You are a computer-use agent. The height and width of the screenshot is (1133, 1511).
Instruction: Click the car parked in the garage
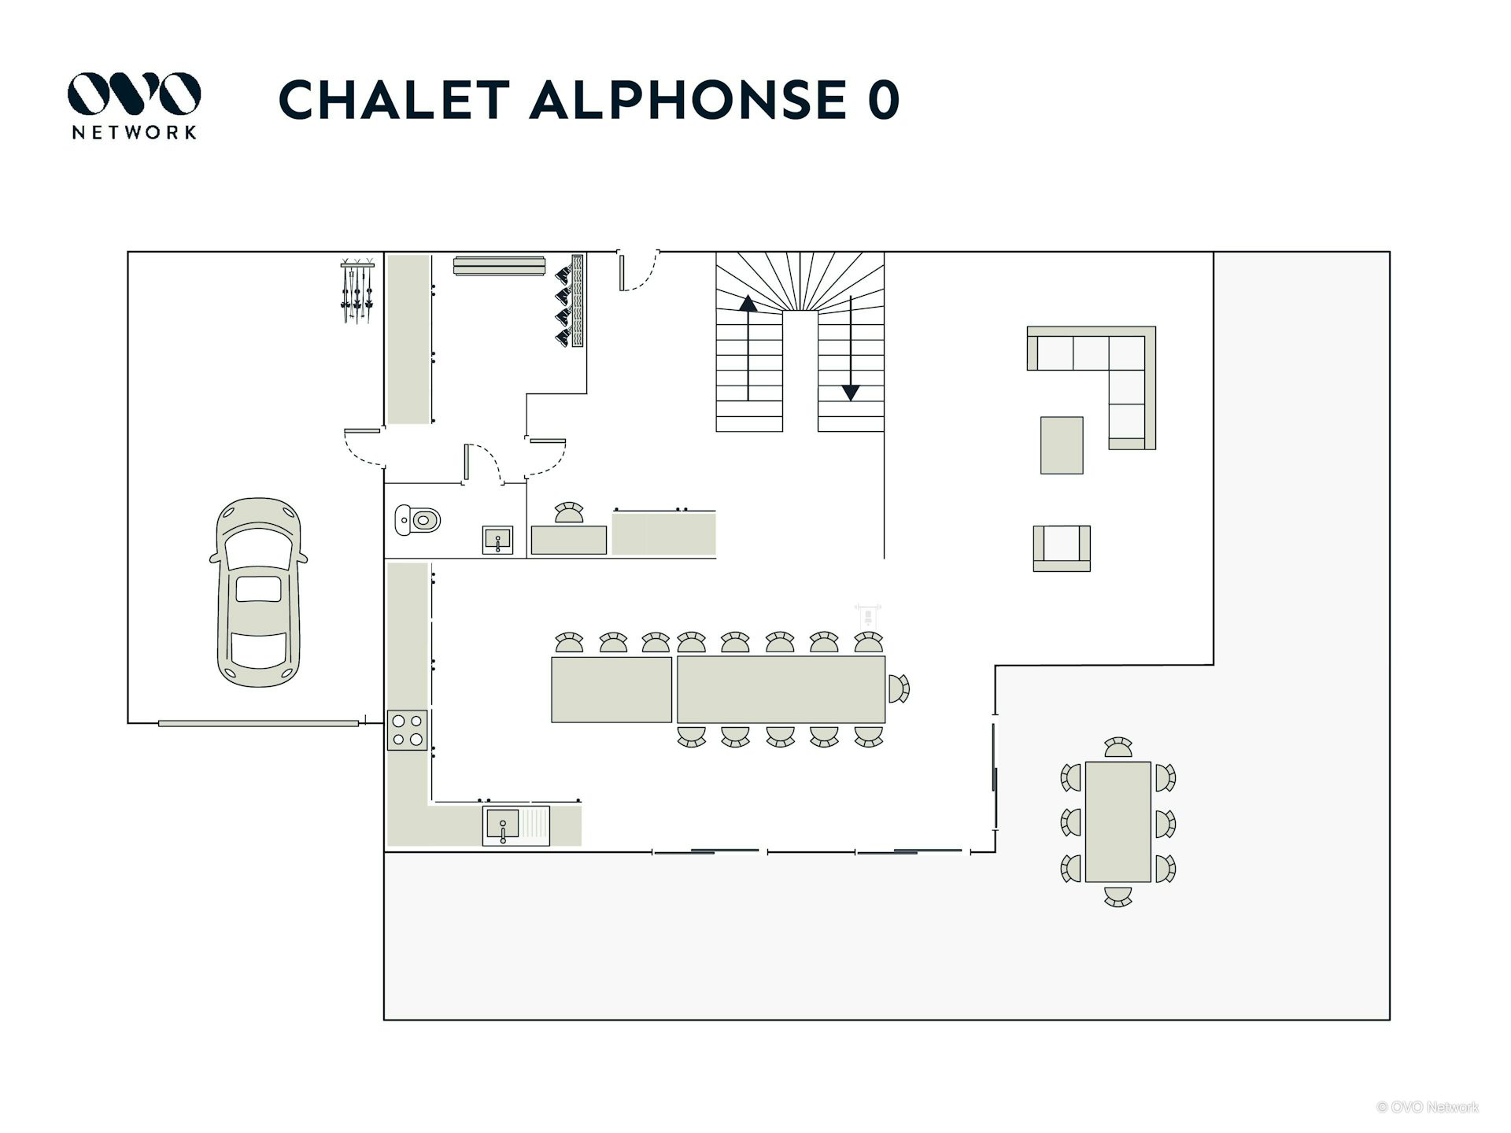click(258, 592)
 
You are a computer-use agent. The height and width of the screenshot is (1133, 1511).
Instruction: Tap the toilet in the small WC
click(418, 519)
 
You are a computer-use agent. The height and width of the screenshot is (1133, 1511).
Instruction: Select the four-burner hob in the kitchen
click(407, 729)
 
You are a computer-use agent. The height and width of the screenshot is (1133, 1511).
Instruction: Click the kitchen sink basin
click(502, 826)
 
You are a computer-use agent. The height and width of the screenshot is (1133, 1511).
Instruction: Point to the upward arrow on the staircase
click(748, 348)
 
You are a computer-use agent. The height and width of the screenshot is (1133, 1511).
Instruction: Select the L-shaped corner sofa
click(1092, 387)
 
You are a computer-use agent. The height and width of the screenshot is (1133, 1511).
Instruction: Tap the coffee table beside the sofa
click(1062, 445)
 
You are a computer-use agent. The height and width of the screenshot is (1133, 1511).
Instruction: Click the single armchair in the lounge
click(1062, 548)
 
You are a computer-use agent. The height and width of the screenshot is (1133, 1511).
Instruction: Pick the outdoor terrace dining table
click(1118, 821)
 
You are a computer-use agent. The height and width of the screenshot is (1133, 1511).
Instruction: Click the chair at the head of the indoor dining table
click(899, 689)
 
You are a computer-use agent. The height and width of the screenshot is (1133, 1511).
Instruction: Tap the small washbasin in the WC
click(497, 540)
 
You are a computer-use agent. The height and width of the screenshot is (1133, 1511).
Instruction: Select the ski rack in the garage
click(357, 290)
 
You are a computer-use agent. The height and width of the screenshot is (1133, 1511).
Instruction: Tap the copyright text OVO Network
click(1428, 1107)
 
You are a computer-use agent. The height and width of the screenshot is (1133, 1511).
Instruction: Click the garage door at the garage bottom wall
click(259, 723)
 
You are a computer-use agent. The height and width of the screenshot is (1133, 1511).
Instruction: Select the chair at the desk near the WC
click(569, 512)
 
